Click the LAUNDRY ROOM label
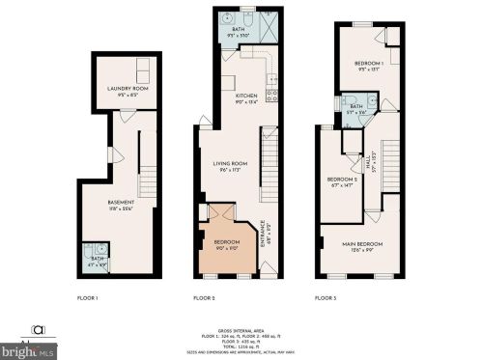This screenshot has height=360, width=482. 126,89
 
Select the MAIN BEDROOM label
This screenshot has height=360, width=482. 362,244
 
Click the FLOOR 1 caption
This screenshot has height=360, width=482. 88,298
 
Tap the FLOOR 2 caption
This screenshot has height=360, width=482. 205,298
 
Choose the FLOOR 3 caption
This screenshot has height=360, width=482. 326,298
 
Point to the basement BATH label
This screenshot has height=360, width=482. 94,259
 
